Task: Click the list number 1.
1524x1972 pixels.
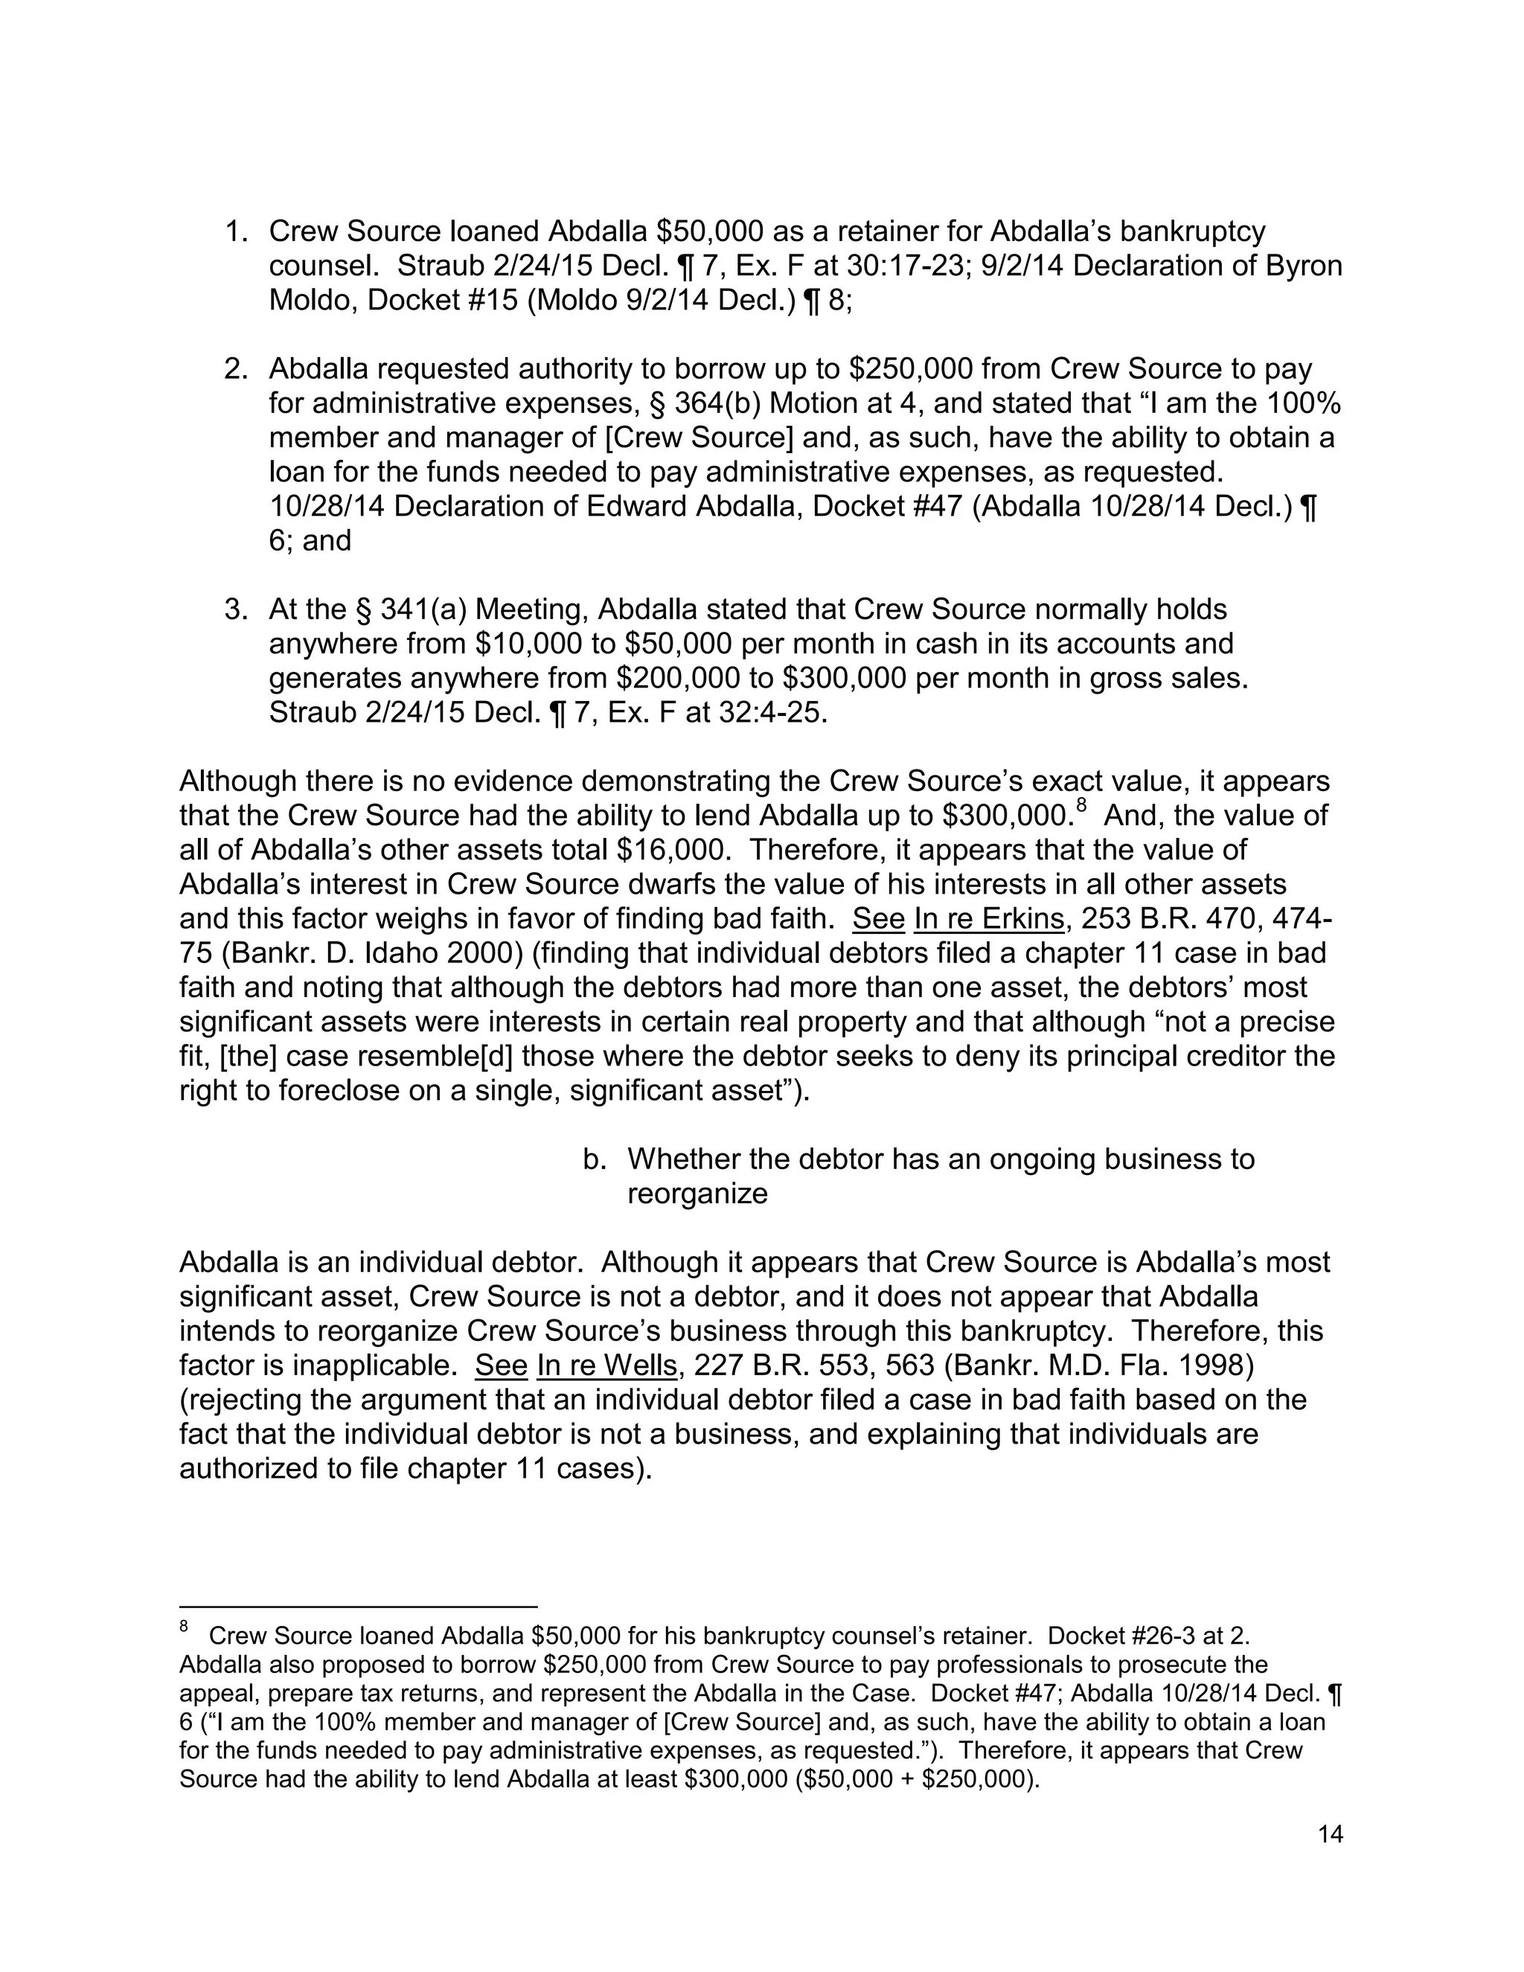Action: click(x=236, y=232)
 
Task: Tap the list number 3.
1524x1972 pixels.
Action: click(x=236, y=610)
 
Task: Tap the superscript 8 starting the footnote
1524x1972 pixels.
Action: click(x=185, y=1627)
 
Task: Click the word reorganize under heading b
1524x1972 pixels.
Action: click(x=697, y=1194)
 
